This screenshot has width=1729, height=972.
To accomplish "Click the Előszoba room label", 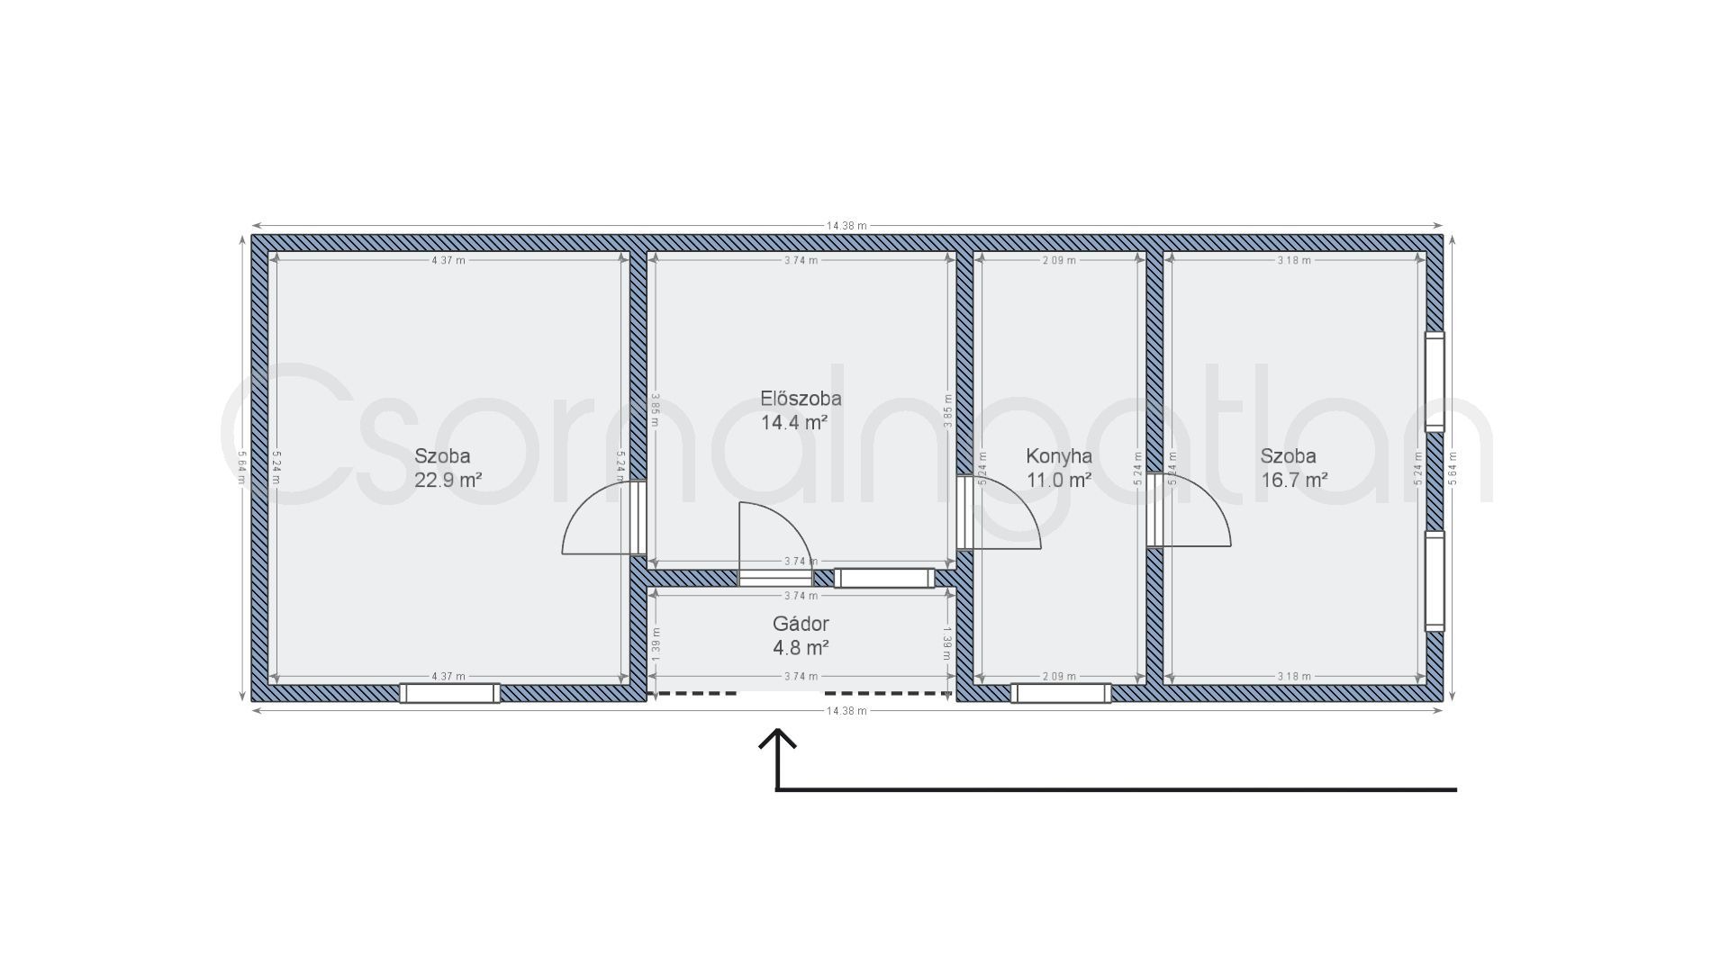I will (x=801, y=398).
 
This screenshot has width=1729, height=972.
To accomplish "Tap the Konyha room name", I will (x=1059, y=456).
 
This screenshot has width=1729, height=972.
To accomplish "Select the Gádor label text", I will (x=801, y=624).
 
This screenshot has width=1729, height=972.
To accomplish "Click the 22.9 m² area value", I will (x=448, y=480).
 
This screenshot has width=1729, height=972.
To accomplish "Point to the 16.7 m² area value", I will (x=1294, y=480).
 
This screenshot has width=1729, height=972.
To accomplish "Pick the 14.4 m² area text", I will (x=794, y=422).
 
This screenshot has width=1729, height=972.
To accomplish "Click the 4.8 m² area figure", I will (x=801, y=647).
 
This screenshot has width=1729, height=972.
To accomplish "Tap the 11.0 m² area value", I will (x=1059, y=480).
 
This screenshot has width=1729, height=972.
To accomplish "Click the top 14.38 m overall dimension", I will (x=846, y=226).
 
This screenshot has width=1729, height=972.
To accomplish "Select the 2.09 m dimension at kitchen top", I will (x=1059, y=260).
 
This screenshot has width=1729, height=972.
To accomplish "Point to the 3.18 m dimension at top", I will (x=1294, y=260).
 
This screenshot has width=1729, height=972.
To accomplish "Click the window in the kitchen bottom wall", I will (x=1061, y=693).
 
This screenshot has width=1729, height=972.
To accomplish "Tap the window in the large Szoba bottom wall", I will (x=449, y=693).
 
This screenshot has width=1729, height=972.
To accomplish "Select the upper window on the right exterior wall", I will (x=1435, y=382).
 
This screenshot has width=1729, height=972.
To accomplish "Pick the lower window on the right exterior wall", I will (x=1435, y=581).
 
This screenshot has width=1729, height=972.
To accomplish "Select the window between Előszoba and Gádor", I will (x=884, y=578).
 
